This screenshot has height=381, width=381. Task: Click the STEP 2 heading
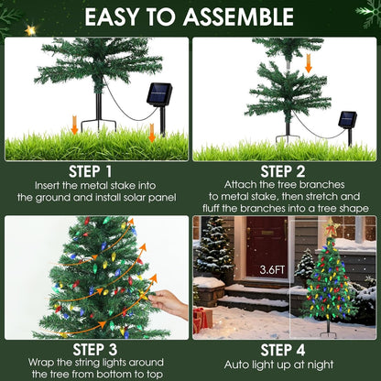click(x=284, y=171)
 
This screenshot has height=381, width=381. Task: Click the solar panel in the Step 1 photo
click(x=160, y=94)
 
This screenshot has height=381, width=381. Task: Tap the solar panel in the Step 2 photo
click(x=347, y=119)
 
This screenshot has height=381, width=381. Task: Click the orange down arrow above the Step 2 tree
click(x=309, y=62)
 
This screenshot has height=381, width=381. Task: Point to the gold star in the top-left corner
click(x=29, y=29)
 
